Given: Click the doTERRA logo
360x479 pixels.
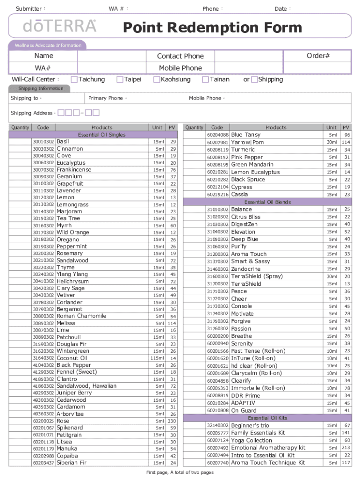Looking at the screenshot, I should point(60,26).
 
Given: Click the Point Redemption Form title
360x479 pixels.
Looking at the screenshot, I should point(212,28).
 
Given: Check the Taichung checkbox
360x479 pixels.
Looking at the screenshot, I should point(73,80).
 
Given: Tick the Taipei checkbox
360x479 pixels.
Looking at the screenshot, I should point(120,80).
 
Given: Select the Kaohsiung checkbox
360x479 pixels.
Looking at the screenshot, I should point(157,80).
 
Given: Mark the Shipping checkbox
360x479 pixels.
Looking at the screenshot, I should point(254,80).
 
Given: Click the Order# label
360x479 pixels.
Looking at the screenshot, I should point(318,56).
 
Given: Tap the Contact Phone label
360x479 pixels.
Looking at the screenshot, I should point(180,56).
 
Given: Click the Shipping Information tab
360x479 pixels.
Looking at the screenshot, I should point(41,88).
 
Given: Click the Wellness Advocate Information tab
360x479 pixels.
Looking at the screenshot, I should point(48,45).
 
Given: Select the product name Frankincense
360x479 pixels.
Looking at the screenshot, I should point(74,170).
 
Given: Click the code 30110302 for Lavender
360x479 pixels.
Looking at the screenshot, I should point(43,191).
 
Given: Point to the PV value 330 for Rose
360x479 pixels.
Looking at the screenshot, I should point(172,421).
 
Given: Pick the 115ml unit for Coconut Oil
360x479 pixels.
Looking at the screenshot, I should point(158,358).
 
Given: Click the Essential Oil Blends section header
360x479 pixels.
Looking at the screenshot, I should point(267,202).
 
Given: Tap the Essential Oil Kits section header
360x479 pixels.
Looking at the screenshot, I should point(267,418).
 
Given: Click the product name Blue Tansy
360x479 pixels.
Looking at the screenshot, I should point(245,135).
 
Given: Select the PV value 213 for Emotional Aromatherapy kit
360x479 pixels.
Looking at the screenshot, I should point(346,448).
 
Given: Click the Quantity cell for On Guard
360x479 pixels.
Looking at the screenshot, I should point(194,411).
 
